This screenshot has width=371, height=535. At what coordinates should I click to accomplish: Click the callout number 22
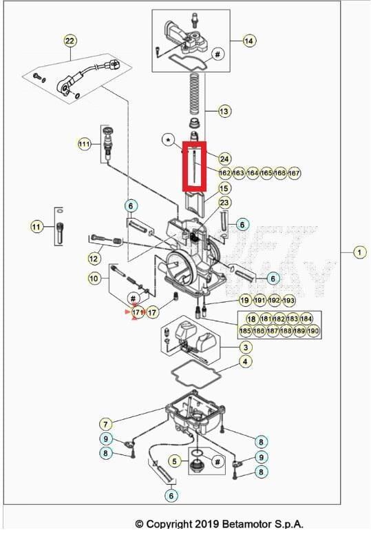click(70, 41)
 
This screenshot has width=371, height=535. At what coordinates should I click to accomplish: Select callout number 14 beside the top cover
click(248, 41)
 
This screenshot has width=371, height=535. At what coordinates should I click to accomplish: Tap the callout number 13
click(224, 110)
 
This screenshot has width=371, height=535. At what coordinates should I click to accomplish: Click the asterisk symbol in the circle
click(169, 141)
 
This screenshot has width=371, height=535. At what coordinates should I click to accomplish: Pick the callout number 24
click(224, 159)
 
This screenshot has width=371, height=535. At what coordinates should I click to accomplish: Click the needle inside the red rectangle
click(196, 165)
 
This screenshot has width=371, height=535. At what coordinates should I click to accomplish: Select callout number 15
click(224, 188)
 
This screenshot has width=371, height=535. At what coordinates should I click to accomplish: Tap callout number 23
click(224, 203)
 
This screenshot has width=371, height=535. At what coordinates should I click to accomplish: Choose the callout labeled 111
click(84, 144)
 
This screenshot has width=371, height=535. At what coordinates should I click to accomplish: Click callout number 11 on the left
click(36, 226)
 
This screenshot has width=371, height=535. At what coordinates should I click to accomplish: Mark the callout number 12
click(94, 259)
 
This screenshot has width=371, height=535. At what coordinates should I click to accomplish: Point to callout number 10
click(94, 279)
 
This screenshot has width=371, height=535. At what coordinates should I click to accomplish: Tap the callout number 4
click(245, 361)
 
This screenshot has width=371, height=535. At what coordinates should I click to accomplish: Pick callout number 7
click(105, 423)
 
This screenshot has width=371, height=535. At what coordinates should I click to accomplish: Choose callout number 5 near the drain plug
click(175, 461)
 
